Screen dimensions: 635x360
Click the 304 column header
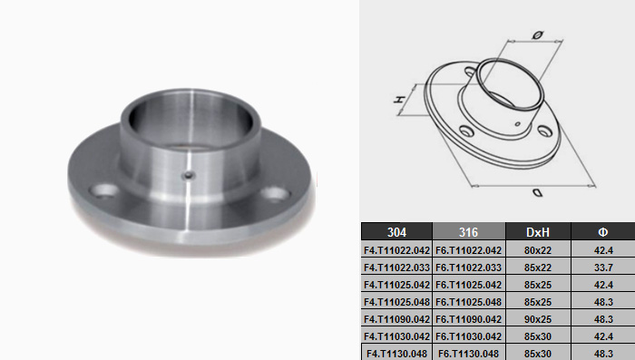pyautogui.click(x=396, y=231)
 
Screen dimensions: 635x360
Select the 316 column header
pyautogui.click(x=469, y=231)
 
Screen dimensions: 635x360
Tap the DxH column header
pyautogui.click(x=538, y=231)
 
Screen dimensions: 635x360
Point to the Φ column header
pyautogui.click(x=603, y=231)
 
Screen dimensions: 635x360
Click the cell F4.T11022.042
pyautogui.click(x=396, y=250)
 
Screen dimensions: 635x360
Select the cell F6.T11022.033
pyautogui.click(x=469, y=268)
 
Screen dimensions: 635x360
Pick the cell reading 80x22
pyautogui.click(x=538, y=250)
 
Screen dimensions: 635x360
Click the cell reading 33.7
pyautogui.click(x=603, y=268)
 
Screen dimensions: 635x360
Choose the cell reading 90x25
pyautogui.click(x=538, y=319)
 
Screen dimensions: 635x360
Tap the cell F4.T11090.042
pyautogui.click(x=396, y=319)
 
